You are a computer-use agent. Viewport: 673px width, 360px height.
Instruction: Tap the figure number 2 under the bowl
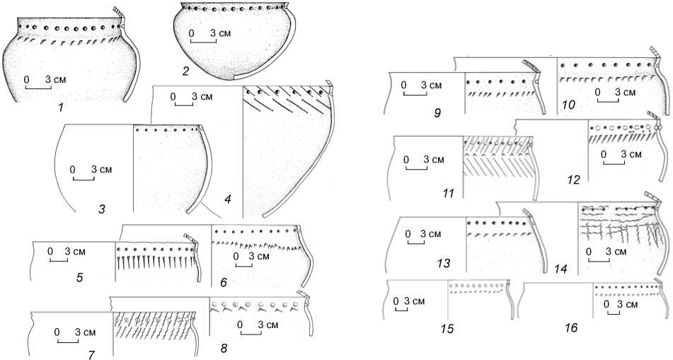pos(185,71)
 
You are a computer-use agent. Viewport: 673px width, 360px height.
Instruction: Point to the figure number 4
pos(228,201)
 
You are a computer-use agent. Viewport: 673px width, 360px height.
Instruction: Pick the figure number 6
pos(223,282)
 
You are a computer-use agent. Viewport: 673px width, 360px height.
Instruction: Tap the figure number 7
pos(91,353)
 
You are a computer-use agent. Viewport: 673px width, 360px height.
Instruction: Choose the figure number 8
pos(224,347)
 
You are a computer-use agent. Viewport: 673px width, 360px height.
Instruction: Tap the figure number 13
pos(444,264)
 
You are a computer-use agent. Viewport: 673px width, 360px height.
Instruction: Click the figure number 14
pos(562,269)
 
